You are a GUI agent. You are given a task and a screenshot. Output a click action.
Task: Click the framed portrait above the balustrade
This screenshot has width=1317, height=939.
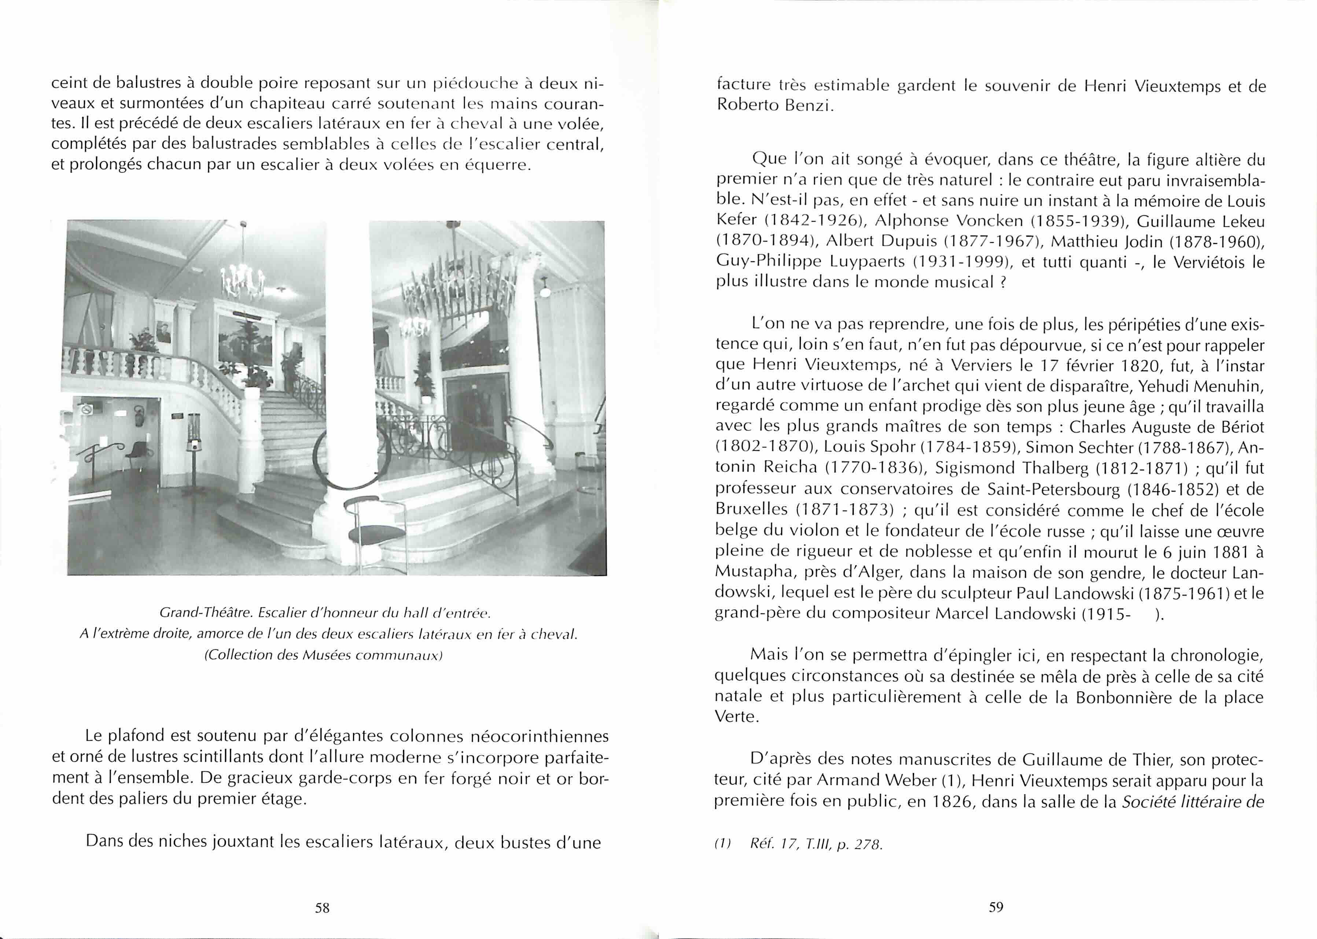tap(164, 331)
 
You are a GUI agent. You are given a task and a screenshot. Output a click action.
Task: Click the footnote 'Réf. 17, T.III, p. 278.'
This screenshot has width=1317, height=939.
tap(816, 844)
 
